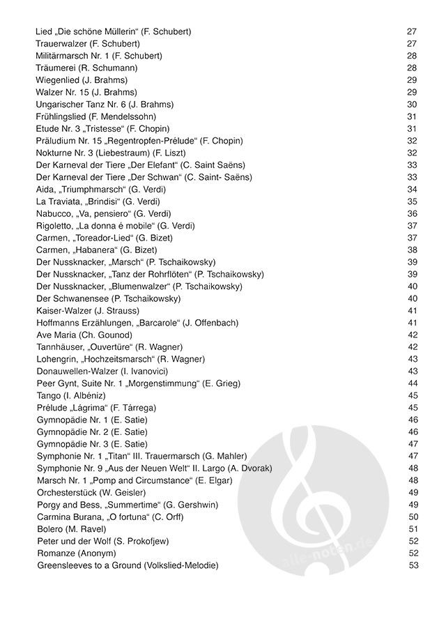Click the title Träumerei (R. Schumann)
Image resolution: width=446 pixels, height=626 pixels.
pos(86,68)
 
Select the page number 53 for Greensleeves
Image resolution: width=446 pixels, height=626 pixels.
pos(412,565)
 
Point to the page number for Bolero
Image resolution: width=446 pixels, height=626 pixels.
pos(412,529)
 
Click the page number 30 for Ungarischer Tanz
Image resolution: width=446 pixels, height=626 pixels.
pos(412,105)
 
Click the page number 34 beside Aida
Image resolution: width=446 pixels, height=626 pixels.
pos(412,190)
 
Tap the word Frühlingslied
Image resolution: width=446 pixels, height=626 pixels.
pos(61,116)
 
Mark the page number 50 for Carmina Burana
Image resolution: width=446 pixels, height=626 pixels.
pos(412,517)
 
